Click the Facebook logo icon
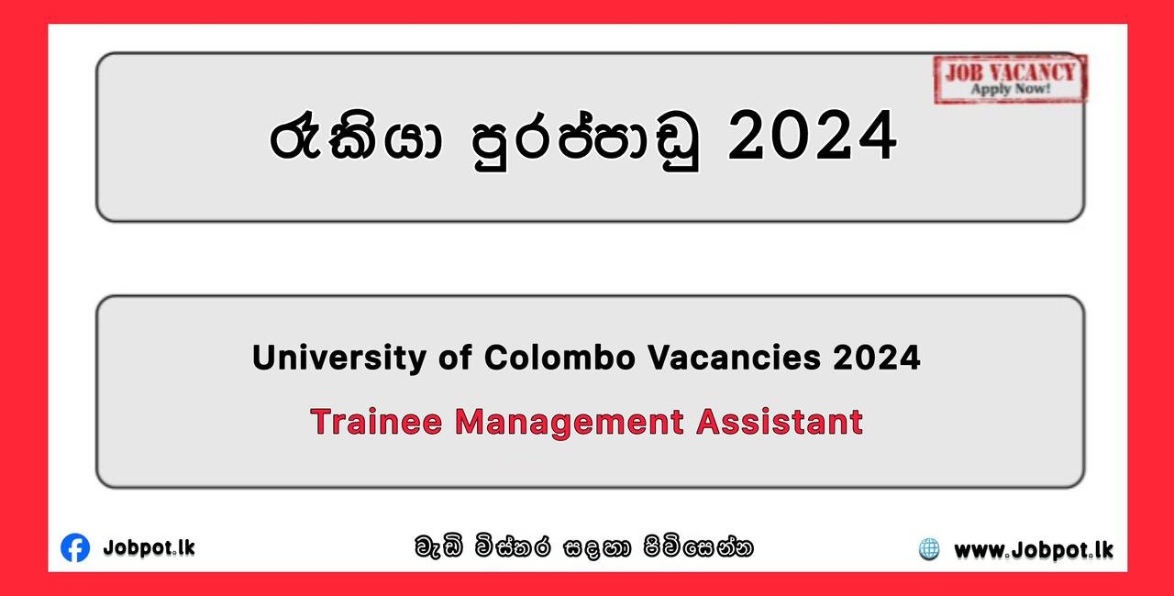[x=75, y=547]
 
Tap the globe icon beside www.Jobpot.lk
[x=929, y=549]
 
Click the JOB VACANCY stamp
[x=1010, y=79]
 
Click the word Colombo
[x=559, y=358]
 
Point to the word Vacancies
[x=734, y=358]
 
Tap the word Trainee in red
[x=376, y=422]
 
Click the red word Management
[x=570, y=423]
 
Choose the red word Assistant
[x=780, y=422]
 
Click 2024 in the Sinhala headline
[x=813, y=136]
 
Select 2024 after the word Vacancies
[x=877, y=358]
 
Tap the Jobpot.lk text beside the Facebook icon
[x=150, y=548]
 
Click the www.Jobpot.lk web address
[x=1034, y=551]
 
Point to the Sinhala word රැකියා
[x=356, y=138]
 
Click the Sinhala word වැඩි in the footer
[x=439, y=546]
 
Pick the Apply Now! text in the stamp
[x=1011, y=89]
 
